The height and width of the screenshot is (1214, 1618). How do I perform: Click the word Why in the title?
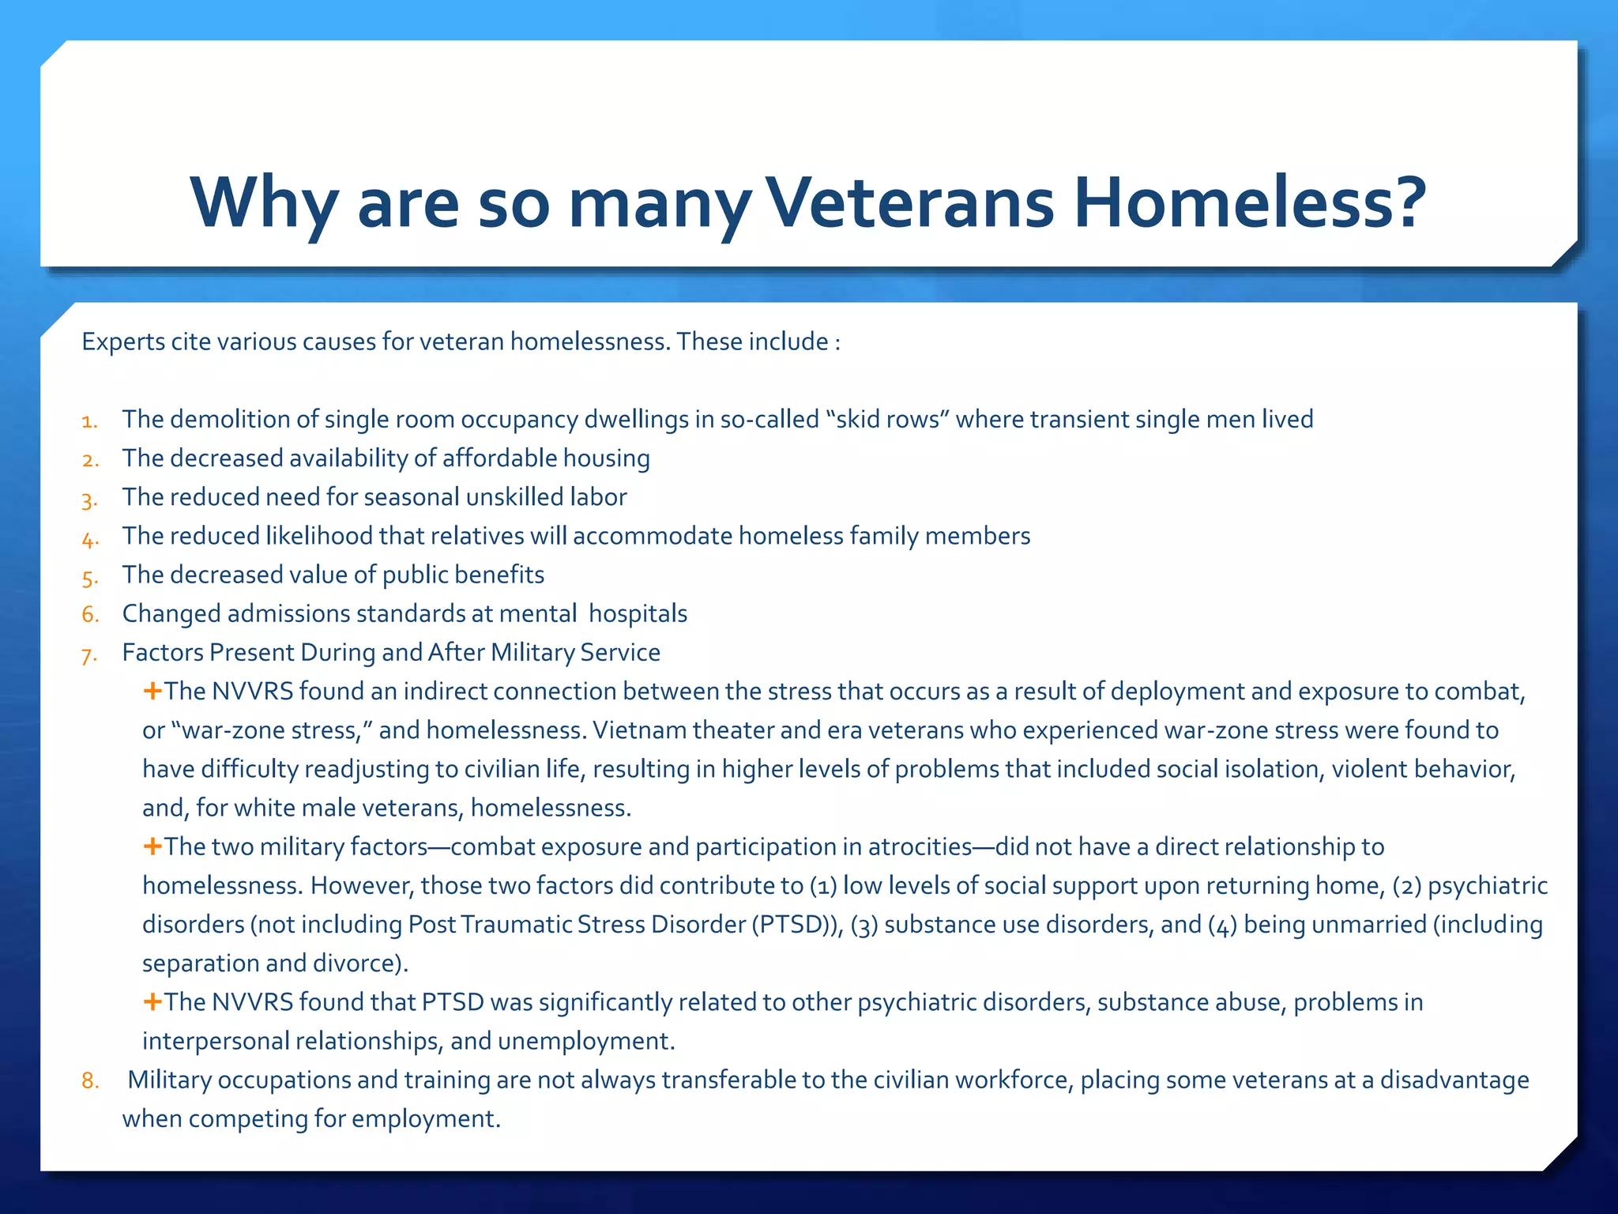(x=265, y=204)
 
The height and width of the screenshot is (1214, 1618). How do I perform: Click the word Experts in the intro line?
(x=123, y=342)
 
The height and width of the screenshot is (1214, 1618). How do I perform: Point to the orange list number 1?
(x=89, y=421)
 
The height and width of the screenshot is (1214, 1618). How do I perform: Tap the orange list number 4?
(x=89, y=540)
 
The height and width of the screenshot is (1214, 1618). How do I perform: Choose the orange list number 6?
(x=90, y=614)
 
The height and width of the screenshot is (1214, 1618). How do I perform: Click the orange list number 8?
(x=90, y=1080)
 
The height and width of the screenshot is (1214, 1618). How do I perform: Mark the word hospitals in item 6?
(x=638, y=614)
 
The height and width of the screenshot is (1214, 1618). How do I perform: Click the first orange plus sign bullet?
(x=152, y=692)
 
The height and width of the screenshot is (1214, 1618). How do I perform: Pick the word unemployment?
(x=586, y=1042)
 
